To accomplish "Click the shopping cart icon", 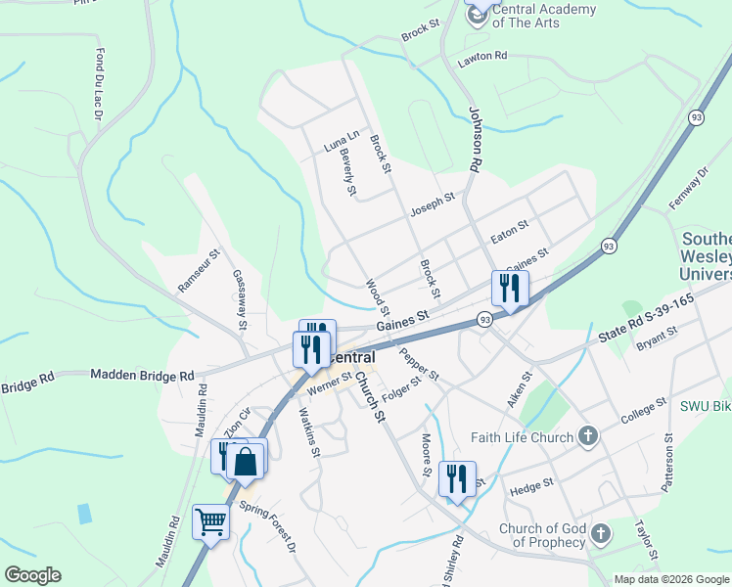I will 210,521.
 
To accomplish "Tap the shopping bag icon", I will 247,460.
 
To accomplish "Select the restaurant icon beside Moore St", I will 457,478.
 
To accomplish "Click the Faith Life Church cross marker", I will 587,436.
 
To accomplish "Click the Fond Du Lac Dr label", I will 99,86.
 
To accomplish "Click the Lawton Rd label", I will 483,60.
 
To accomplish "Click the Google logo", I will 32,575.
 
